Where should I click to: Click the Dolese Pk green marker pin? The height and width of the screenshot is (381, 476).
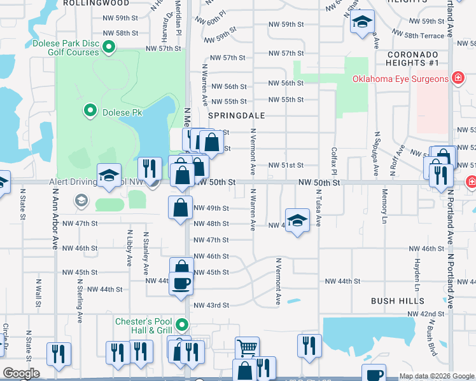(90, 112)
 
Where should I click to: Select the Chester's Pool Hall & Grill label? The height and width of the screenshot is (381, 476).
(144, 326)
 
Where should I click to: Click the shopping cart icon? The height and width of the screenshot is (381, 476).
(247, 347)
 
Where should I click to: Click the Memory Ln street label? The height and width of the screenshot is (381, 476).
(384, 206)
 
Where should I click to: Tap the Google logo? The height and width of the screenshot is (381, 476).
(21, 373)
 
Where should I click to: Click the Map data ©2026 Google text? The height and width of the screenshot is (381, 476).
(437, 376)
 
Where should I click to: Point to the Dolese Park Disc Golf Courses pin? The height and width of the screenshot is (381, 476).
(108, 46)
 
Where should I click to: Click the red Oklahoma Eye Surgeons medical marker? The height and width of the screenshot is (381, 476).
(457, 78)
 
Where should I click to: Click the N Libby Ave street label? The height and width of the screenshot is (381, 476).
(130, 248)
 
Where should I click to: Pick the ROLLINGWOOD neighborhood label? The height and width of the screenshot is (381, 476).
(93, 3)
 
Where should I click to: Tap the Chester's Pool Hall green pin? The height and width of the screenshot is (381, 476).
(182, 326)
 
